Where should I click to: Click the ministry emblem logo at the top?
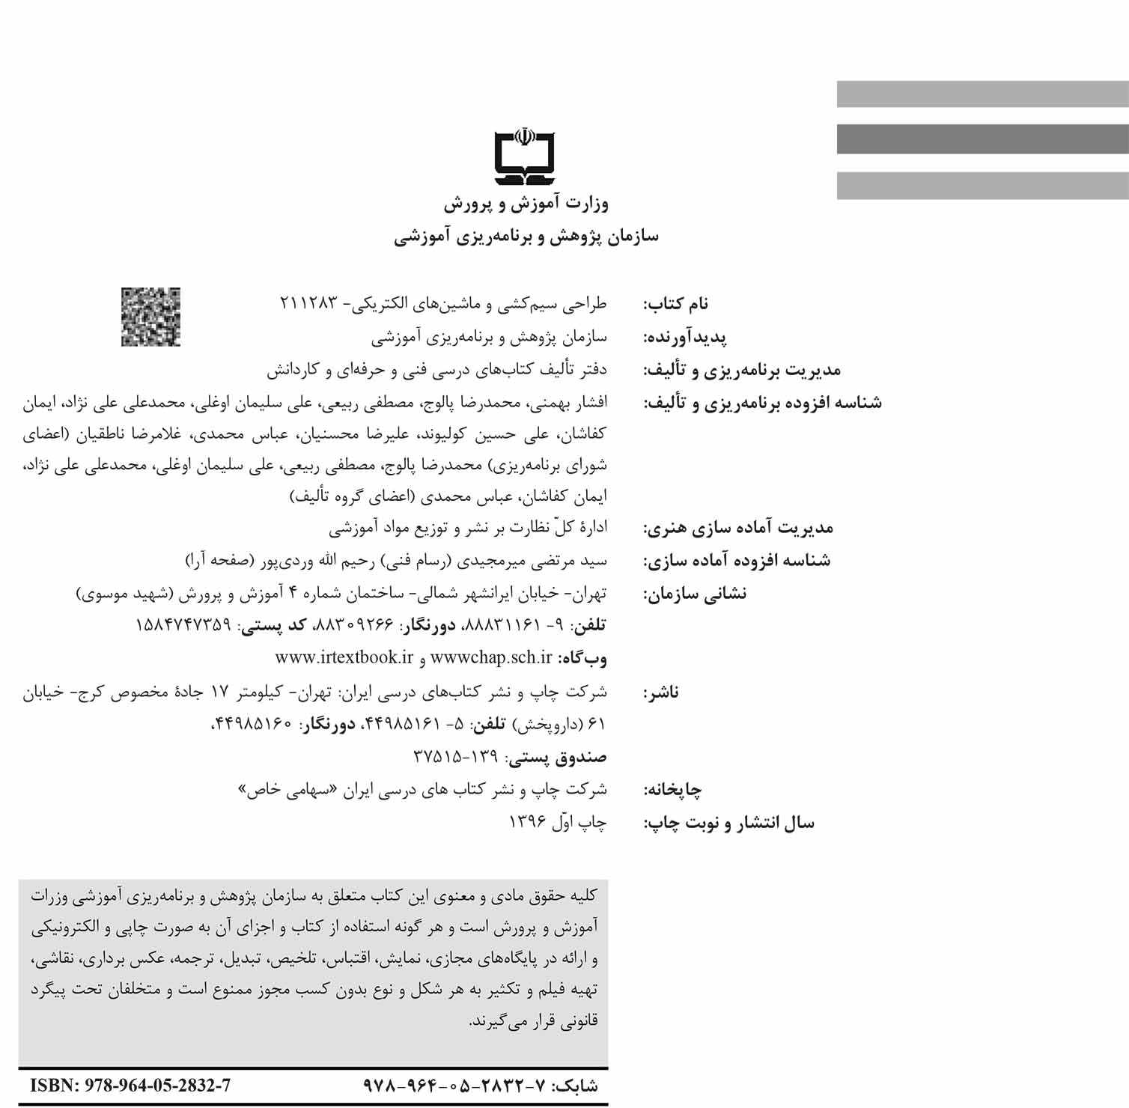click(525, 158)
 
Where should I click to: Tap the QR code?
click(150, 317)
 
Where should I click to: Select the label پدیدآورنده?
click(685, 338)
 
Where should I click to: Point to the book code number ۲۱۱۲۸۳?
click(308, 303)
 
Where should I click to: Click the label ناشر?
click(660, 692)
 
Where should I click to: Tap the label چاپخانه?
click(672, 790)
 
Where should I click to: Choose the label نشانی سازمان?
click(695, 594)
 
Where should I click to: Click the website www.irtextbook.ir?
click(344, 657)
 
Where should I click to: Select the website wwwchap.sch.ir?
click(490, 657)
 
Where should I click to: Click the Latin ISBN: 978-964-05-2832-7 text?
click(130, 1086)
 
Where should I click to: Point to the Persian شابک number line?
click(480, 1086)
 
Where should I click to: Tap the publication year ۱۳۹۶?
click(527, 822)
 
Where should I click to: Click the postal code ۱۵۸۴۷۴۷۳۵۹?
click(183, 625)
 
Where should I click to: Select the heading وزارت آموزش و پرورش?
click(526, 204)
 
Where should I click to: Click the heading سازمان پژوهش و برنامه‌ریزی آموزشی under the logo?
click(526, 237)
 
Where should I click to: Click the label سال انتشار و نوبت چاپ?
click(728, 824)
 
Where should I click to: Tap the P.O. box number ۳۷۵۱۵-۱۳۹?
click(455, 757)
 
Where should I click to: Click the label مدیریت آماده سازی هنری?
click(738, 528)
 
